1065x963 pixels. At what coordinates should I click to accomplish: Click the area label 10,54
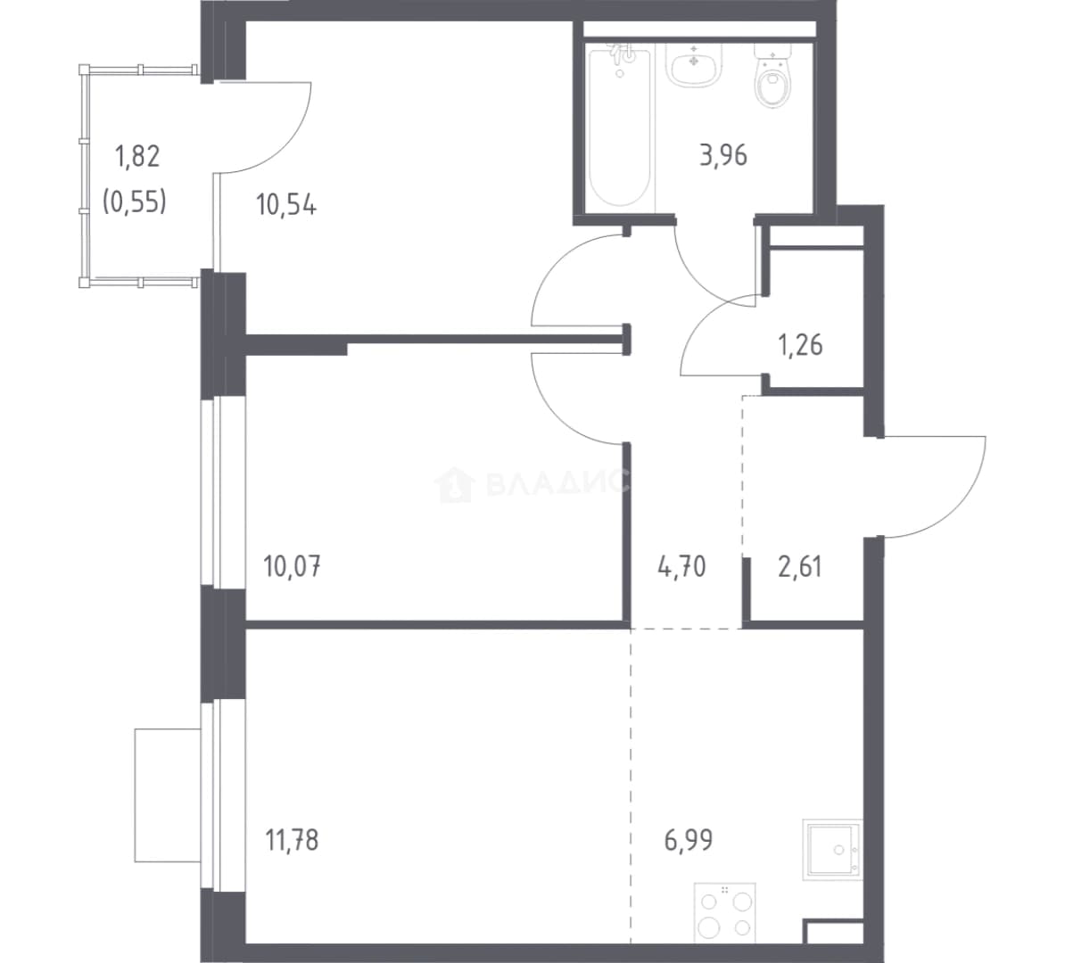(286, 204)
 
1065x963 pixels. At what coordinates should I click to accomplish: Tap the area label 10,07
(292, 565)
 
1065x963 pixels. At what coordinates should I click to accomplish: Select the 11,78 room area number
(292, 841)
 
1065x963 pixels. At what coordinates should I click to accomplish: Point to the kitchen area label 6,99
(688, 841)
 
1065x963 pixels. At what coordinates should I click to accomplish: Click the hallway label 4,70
(681, 565)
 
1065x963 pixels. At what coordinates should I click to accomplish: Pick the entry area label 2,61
(799, 565)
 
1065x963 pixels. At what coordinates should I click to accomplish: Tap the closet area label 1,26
(800, 345)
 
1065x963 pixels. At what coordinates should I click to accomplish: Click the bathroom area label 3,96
(723, 155)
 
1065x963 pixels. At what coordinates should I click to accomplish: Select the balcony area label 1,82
(138, 156)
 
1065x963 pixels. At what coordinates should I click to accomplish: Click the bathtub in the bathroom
(619, 126)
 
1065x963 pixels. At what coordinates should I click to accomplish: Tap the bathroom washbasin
(693, 65)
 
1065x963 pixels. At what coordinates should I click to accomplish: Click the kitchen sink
(833, 849)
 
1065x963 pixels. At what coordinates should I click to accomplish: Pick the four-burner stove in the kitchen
(724, 913)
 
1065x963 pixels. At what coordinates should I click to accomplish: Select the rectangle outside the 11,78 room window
(168, 795)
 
